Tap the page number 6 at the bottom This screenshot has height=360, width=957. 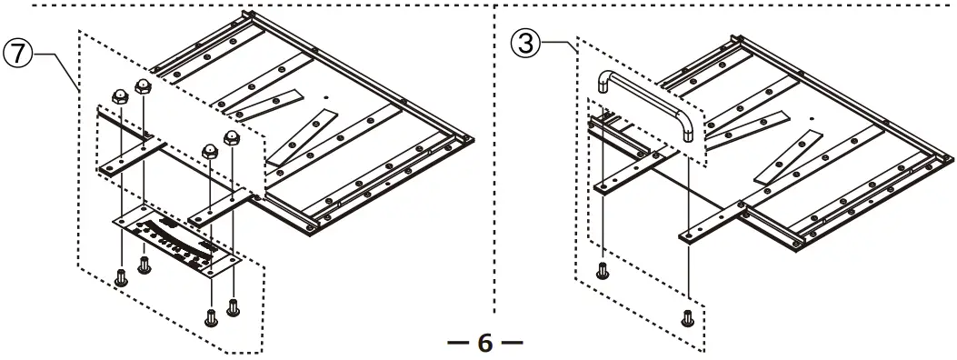click(484, 344)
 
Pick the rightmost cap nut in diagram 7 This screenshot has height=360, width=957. click(231, 139)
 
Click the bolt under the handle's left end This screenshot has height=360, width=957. click(601, 270)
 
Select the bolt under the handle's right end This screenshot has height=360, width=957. click(688, 316)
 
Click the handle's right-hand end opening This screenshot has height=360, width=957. click(688, 135)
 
